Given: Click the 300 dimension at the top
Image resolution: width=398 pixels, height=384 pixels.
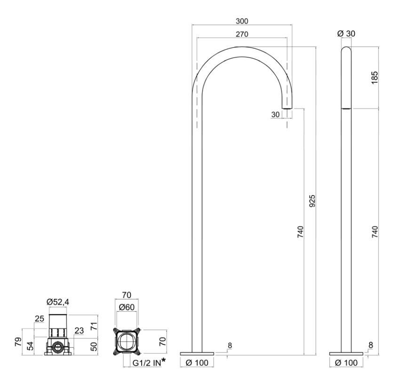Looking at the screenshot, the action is [x=242, y=21].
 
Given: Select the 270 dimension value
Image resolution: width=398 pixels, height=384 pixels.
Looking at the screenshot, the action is [x=242, y=34].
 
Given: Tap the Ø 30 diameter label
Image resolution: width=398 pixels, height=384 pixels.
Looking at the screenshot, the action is [x=346, y=33].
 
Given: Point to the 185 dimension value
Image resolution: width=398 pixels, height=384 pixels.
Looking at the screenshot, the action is [x=374, y=78].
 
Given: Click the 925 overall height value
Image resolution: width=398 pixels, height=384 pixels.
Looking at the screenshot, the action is [x=312, y=201].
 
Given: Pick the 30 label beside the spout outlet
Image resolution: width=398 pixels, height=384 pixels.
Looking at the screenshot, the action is [x=275, y=115].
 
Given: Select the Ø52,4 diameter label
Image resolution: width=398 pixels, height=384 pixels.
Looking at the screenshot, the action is [x=58, y=302].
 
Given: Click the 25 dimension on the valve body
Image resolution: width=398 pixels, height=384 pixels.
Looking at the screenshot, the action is [x=40, y=318].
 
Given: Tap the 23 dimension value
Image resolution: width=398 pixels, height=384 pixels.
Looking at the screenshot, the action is [x=79, y=330].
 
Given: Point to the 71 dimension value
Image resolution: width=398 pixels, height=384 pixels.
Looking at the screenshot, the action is [x=94, y=326].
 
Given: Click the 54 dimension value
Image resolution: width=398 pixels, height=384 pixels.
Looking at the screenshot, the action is [x=30, y=346].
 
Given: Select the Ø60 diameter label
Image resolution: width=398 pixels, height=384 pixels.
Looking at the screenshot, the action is [x=127, y=307].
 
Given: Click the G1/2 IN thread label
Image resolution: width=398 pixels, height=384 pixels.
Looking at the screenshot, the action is [x=147, y=363].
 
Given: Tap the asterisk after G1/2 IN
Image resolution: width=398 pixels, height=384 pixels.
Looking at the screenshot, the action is [x=164, y=360].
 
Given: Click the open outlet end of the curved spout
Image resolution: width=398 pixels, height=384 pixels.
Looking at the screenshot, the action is [x=287, y=108].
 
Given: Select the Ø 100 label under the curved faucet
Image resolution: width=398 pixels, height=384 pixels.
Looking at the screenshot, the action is [x=197, y=363].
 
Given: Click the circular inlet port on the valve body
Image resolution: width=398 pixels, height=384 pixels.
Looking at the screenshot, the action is [x=58, y=346].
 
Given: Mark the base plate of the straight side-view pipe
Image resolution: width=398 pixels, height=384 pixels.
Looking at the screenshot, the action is [x=346, y=353].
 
